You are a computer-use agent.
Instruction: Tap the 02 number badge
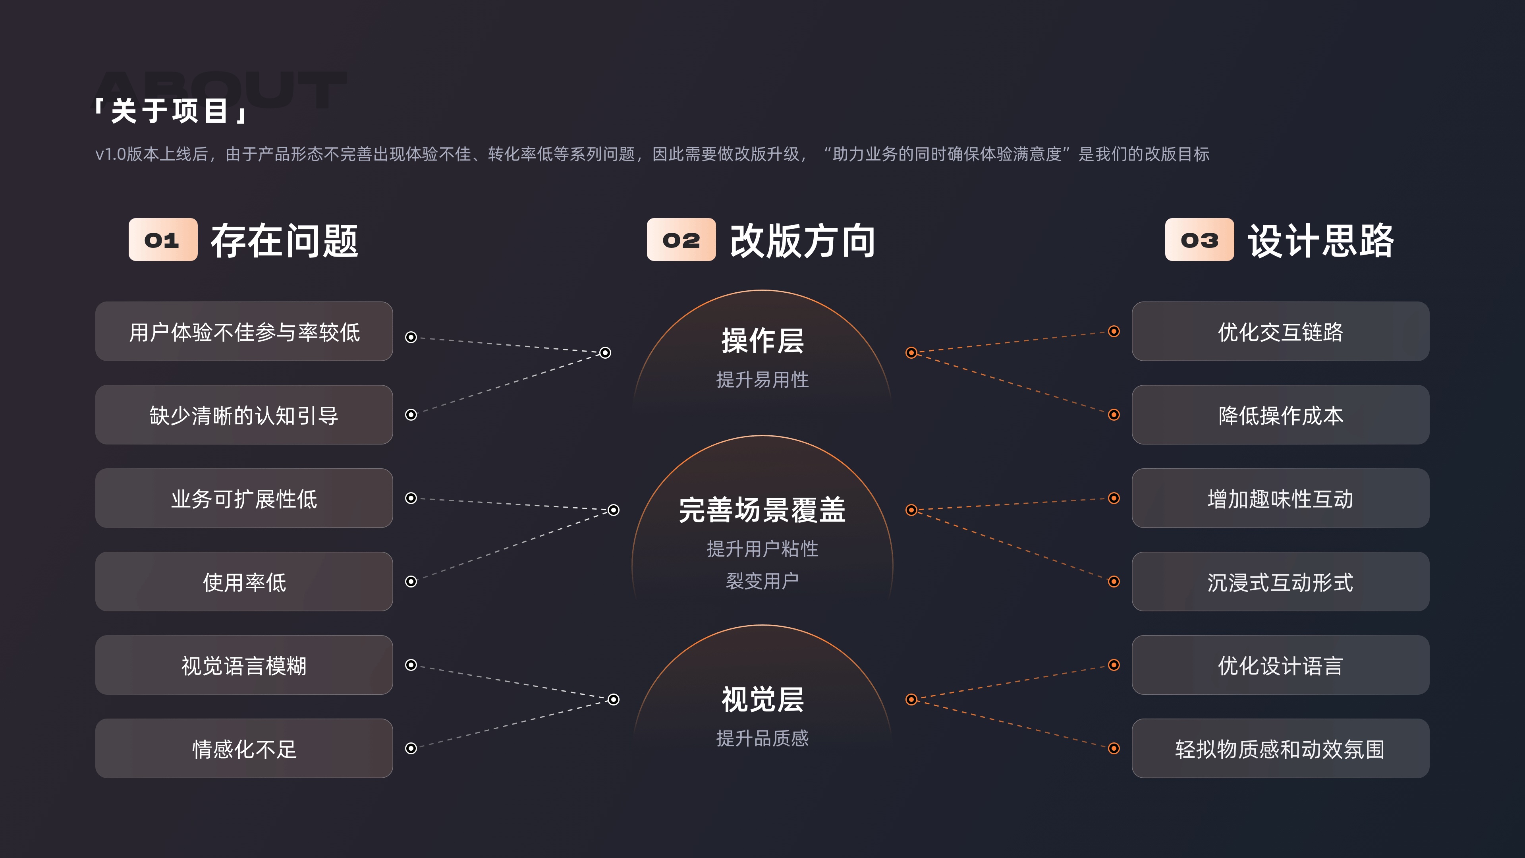[x=681, y=240]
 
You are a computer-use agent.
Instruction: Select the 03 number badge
[x=1199, y=240]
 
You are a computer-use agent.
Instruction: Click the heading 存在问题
[x=284, y=241]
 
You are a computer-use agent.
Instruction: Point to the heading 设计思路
[x=1321, y=241]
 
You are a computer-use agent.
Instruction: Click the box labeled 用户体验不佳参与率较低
[x=244, y=332]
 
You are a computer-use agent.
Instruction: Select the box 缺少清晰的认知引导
[x=244, y=415]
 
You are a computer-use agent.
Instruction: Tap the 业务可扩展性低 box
[x=244, y=499]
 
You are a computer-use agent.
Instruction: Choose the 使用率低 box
[x=244, y=582]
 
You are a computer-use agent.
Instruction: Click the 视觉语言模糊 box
[x=244, y=666]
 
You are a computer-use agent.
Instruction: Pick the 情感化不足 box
[x=244, y=749]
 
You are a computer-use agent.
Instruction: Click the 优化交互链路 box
[x=1280, y=332]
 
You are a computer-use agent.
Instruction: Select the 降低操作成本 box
[x=1280, y=415]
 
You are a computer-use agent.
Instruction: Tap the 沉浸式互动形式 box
[x=1280, y=582]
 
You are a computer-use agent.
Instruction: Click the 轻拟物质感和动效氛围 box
[x=1280, y=749]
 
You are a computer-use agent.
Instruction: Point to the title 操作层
[x=762, y=341]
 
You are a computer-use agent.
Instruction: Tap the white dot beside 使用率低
[x=411, y=582]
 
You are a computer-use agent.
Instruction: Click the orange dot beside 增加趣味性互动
[x=1114, y=498]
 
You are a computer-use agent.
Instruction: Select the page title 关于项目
[x=170, y=111]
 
